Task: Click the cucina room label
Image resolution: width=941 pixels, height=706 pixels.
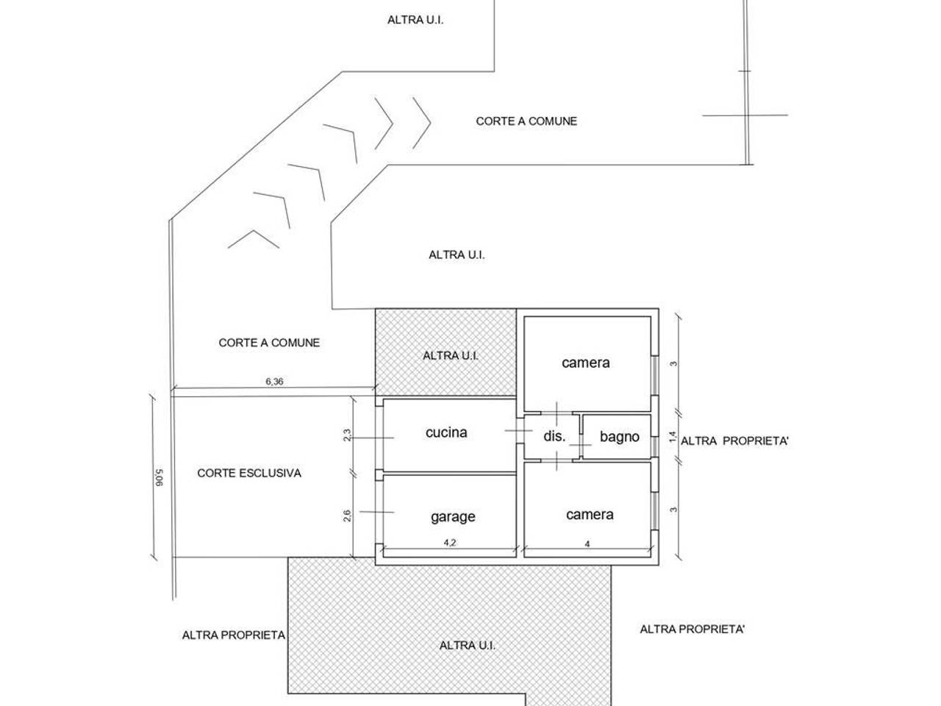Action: click(x=446, y=432)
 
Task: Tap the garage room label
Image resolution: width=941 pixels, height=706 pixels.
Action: click(x=453, y=516)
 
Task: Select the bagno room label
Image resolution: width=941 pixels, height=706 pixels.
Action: click(x=619, y=437)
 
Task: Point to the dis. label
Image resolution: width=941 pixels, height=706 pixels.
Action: click(x=554, y=436)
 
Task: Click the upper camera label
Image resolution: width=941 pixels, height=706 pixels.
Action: click(x=586, y=363)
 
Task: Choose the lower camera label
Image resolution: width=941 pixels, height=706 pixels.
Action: click(x=590, y=515)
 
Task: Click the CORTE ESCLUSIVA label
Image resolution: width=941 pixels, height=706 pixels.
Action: click(x=249, y=473)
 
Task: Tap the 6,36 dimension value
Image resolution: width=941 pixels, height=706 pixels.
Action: click(x=273, y=381)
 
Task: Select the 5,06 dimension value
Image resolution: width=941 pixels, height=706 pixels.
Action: click(x=157, y=478)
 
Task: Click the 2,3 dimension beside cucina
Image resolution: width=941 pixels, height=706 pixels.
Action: click(x=347, y=435)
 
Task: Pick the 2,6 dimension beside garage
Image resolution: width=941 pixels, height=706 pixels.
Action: click(x=347, y=516)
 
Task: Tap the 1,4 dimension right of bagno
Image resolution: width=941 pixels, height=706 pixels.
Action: click(x=672, y=437)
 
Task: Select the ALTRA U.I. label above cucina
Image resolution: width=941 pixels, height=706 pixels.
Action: click(x=451, y=355)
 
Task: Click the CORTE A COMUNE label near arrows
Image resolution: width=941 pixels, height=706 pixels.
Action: click(x=526, y=121)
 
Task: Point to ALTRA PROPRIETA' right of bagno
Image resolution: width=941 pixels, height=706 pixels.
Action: click(x=734, y=441)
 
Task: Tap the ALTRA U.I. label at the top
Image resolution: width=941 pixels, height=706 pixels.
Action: click(x=415, y=20)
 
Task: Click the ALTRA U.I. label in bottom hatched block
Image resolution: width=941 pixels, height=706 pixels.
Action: click(x=468, y=645)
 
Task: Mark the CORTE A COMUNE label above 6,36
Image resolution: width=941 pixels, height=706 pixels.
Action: click(x=269, y=343)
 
